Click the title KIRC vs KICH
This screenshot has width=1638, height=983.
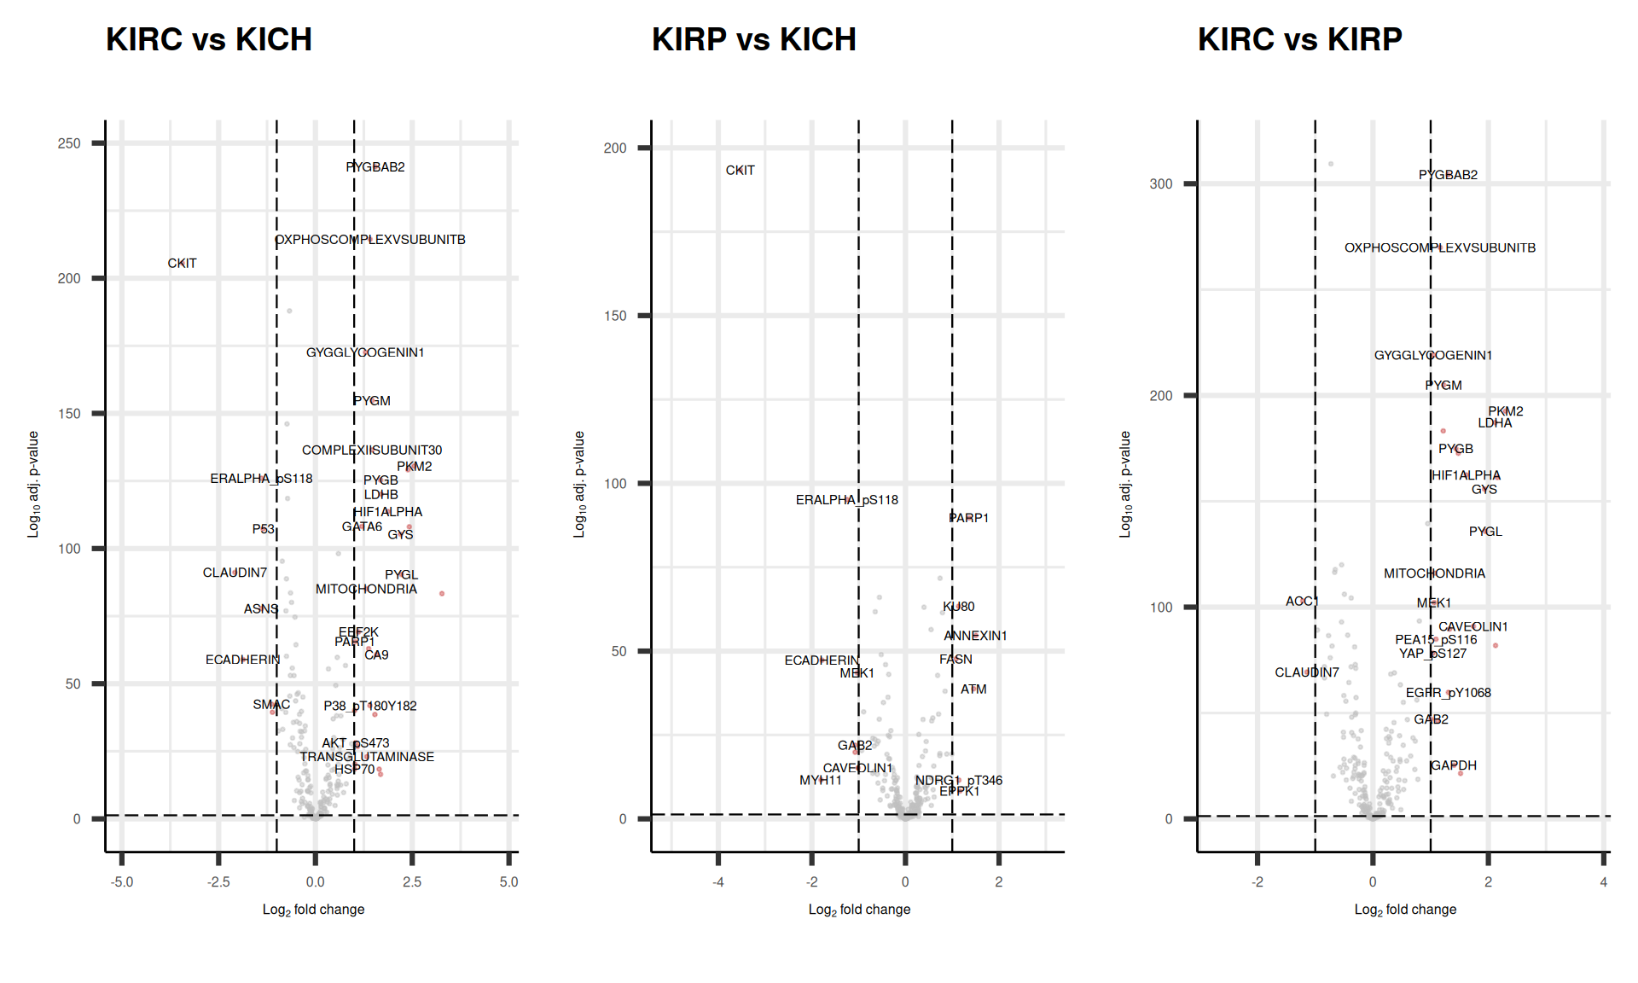click(x=209, y=39)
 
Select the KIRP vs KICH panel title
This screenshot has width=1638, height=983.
click(x=753, y=39)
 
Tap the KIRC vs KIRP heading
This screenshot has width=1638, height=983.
click(x=1299, y=39)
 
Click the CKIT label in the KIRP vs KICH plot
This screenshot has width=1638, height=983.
click(x=740, y=171)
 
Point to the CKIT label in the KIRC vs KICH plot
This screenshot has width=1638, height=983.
click(x=182, y=264)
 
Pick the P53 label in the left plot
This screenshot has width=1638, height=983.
click(x=263, y=529)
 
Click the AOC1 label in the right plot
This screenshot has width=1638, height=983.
click(x=1302, y=602)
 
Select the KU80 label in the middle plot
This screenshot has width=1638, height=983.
click(x=959, y=607)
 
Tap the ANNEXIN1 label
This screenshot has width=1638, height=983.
click(x=975, y=636)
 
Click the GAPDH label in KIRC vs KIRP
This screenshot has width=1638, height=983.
click(x=1454, y=765)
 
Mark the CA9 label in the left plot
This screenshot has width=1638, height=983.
click(x=376, y=655)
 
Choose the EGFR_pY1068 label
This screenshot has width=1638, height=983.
click(x=1449, y=693)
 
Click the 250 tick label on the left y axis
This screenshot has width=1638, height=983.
click(x=69, y=143)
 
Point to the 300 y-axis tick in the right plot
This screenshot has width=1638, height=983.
click(x=1161, y=184)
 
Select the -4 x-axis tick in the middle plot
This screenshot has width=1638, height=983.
click(x=718, y=882)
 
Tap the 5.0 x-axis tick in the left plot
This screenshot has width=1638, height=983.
click(x=508, y=882)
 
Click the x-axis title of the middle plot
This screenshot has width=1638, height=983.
click(x=859, y=910)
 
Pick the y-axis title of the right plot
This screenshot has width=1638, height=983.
click(x=1125, y=484)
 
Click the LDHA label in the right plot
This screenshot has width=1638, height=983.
click(x=1495, y=423)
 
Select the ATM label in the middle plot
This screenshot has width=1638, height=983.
click(x=973, y=689)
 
